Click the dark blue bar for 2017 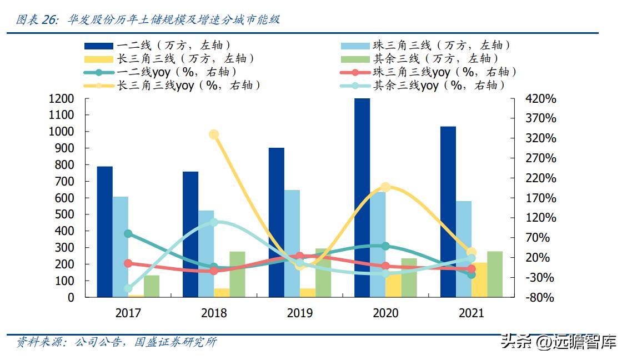tap(105, 232)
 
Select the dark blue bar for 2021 tap(448, 212)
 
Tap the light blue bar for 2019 tap(292, 243)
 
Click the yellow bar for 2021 tap(479, 279)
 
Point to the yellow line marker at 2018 tap(214, 134)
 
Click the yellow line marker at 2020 tap(386, 187)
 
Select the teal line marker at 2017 tap(128, 234)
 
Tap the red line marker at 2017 tap(128, 263)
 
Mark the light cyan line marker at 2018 tap(214, 223)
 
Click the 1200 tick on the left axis tap(62, 99)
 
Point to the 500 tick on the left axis tap(64, 214)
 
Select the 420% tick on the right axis tap(540, 99)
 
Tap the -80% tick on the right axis tap(540, 297)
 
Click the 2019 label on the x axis tap(300, 313)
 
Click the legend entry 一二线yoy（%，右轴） tap(161, 72)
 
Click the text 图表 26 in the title tap(37, 20)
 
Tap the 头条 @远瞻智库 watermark tap(558, 342)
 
